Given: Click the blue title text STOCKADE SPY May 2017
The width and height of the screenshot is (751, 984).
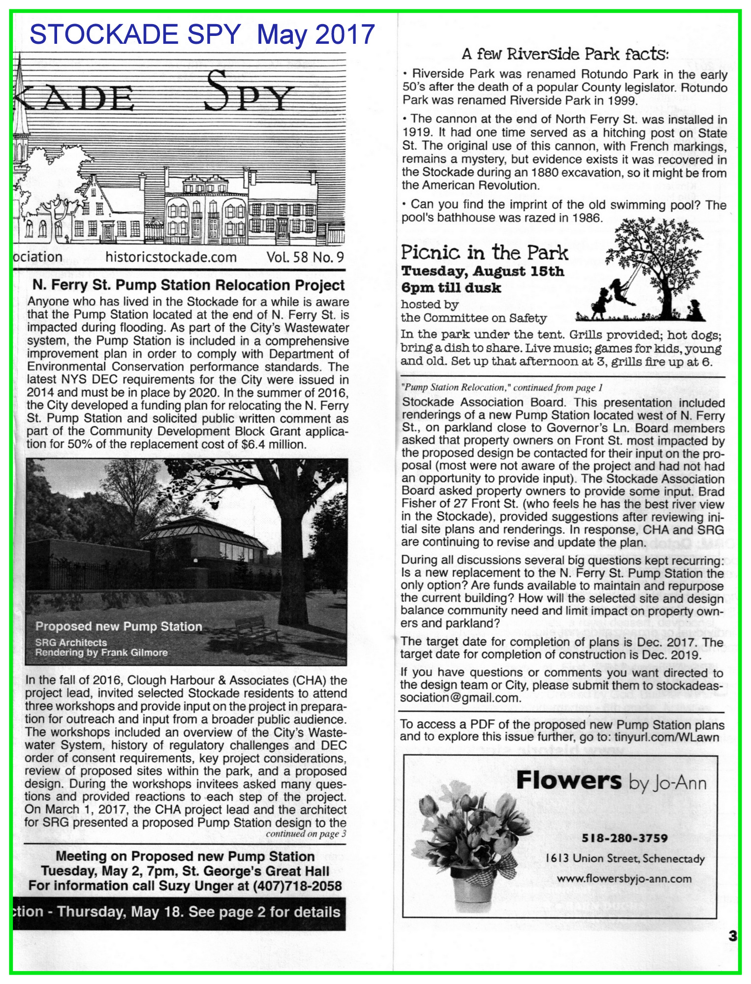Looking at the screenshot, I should point(202,34).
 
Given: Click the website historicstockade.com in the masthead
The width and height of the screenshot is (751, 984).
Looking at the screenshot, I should point(171,257).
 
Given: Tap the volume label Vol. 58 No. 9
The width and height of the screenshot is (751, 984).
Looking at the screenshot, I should point(305,257).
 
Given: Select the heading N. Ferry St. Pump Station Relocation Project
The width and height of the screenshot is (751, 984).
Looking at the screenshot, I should point(188,285).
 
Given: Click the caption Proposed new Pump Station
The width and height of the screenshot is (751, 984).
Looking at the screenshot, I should point(119,626).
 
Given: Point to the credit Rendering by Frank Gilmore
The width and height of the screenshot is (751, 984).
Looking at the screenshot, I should point(101,652).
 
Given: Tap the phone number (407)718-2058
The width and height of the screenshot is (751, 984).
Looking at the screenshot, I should point(297,886).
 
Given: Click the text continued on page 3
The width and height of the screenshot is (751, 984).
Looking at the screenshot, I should point(306,833).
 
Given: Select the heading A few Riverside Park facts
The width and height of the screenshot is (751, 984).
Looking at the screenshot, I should point(565,54).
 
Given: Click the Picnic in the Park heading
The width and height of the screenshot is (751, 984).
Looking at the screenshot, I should point(484,253).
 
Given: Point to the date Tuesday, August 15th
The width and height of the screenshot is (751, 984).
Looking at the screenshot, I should point(482,272).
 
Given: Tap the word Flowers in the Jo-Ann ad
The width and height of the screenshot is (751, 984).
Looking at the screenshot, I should point(569,781).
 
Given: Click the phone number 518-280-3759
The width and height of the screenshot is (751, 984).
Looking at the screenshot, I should point(625,838).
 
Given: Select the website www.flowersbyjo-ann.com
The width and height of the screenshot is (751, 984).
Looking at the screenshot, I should point(624,879).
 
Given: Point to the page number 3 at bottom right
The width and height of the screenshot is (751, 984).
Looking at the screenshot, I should point(732,936).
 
